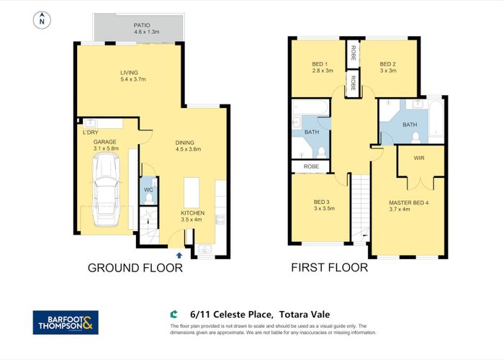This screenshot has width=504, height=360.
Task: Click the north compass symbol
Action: (x=43, y=20)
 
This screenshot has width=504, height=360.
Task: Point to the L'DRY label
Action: (x=91, y=132)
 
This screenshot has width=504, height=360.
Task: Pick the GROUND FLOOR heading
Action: (x=135, y=269)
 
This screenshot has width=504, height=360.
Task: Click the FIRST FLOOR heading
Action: (x=329, y=269)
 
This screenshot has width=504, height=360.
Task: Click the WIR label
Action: (x=418, y=158)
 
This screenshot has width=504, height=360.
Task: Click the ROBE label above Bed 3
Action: (x=311, y=166)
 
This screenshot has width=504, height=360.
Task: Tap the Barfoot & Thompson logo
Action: (x=66, y=322)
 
